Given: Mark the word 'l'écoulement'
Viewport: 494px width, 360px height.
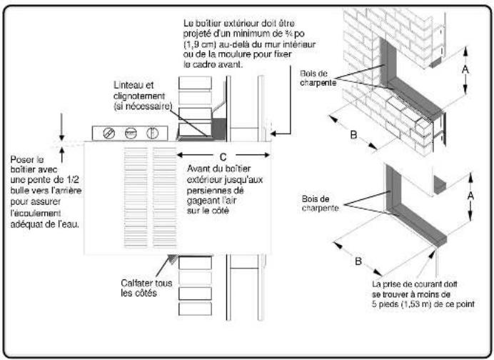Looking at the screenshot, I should point(35,211).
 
